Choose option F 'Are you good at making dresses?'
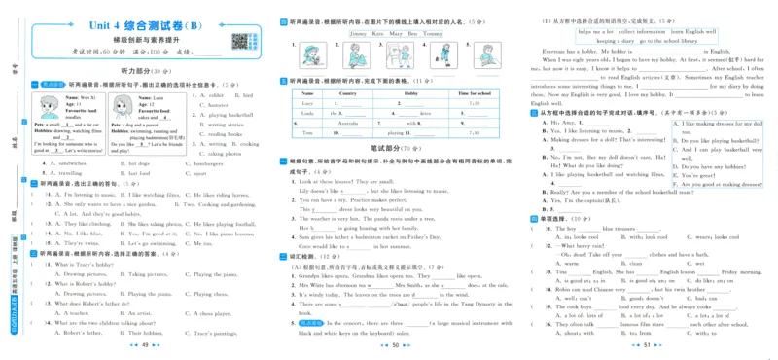[721, 183]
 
